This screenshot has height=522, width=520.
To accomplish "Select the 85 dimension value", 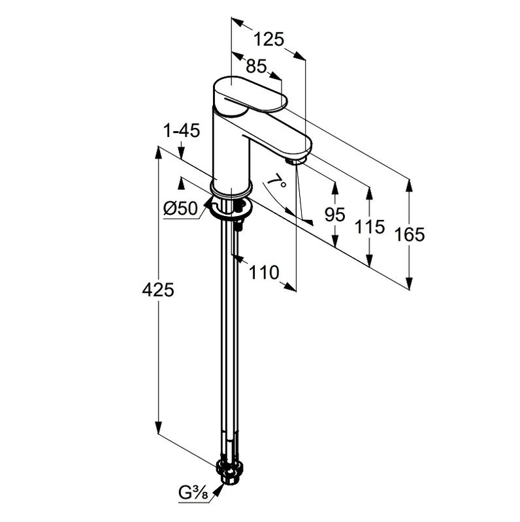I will pyautogui.click(x=257, y=66).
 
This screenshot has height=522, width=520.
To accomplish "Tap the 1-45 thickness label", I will pyautogui.click(x=181, y=130).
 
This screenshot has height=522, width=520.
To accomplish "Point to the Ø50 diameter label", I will pyautogui.click(x=180, y=209).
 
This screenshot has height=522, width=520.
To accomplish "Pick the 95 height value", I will pyautogui.click(x=334, y=214).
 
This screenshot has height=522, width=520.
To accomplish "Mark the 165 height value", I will pyautogui.click(x=410, y=234).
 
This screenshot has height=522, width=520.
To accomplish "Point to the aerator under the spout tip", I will pyautogui.click(x=297, y=159).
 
